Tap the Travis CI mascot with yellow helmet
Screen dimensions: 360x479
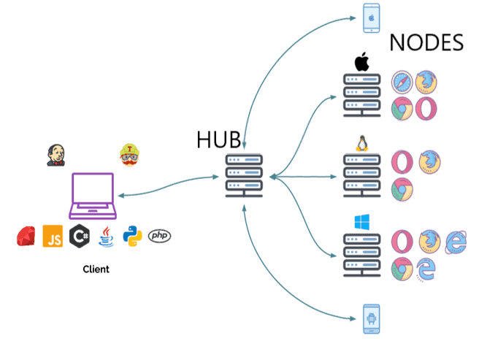click(129, 155)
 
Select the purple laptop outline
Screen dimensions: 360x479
click(92, 196)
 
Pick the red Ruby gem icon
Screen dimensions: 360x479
click(27, 236)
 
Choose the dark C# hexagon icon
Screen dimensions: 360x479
click(79, 236)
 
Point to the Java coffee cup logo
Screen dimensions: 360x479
click(107, 235)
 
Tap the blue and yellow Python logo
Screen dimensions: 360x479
click(132, 235)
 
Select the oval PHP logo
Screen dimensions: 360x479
click(159, 235)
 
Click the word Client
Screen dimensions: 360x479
click(96, 269)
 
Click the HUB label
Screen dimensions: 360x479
click(218, 139)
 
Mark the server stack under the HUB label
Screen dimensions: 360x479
click(243, 175)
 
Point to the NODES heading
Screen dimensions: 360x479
click(426, 42)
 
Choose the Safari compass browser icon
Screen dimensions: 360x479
click(402, 83)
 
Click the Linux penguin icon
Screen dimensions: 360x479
click(361, 142)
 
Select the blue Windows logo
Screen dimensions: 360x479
click(362, 222)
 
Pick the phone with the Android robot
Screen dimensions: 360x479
click(371, 318)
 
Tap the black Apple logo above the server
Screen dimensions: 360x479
click(361, 62)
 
